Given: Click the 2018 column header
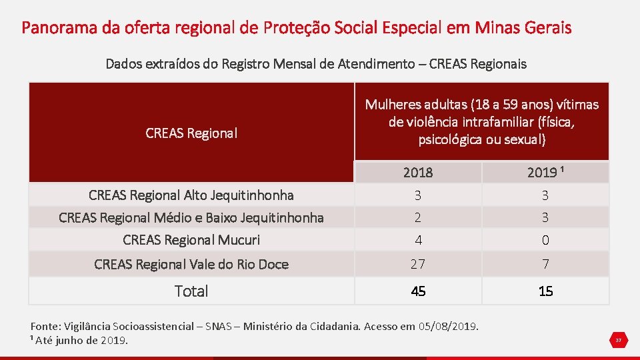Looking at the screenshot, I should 418,173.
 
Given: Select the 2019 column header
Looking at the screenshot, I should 545,173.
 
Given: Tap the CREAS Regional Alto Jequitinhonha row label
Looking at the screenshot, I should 191,195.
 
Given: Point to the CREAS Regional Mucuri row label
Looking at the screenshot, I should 191,240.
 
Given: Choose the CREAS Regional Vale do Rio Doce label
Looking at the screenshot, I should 191,264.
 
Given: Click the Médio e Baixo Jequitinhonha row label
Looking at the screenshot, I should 191,217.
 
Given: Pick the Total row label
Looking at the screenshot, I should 191,291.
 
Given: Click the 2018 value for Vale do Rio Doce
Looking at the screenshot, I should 418,264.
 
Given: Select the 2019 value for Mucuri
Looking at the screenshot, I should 545,240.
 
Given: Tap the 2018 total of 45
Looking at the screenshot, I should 418,291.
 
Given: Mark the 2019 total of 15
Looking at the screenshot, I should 545,291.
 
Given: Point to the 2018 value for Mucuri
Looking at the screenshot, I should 418,240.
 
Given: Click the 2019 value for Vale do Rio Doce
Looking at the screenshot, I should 545,264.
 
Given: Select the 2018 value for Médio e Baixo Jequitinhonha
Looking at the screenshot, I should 418,217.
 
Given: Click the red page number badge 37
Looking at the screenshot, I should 618,341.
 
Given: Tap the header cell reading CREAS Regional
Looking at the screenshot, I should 191,133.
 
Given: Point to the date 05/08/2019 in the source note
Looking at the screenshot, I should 448,327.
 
